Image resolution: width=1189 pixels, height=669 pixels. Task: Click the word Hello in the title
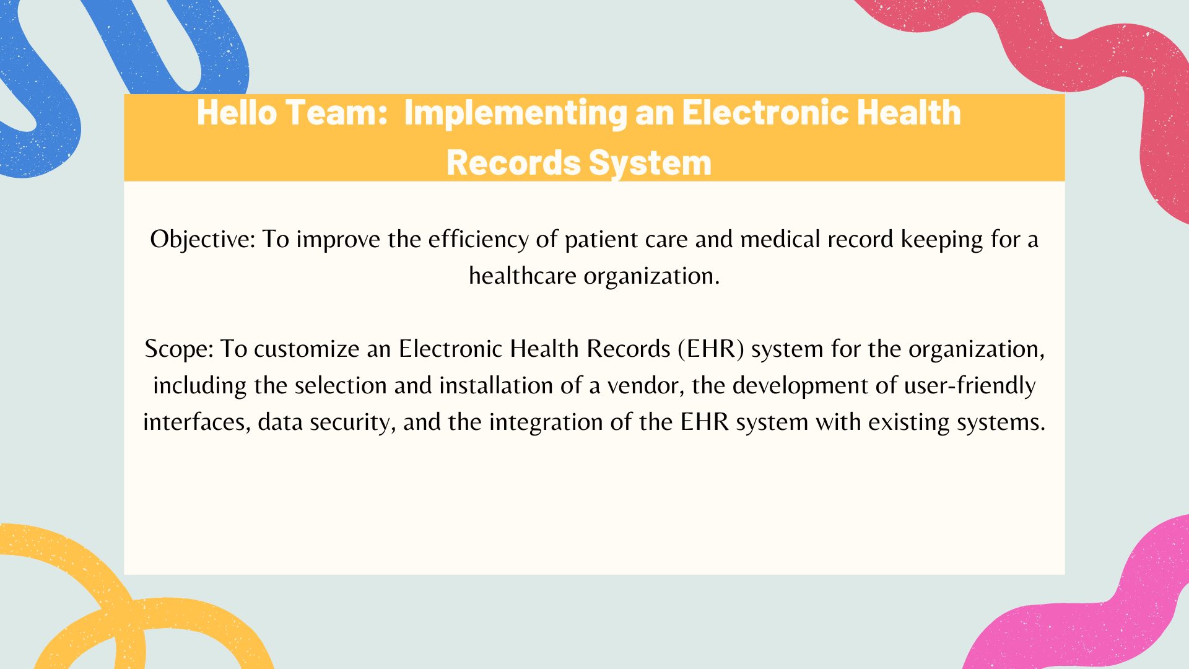pyautogui.click(x=237, y=113)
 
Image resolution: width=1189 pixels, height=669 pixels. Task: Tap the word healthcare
pyautogui.click(x=523, y=276)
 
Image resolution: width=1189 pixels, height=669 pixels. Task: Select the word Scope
pyautogui.click(x=179, y=349)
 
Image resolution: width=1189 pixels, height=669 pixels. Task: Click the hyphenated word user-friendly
pyautogui.click(x=970, y=386)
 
